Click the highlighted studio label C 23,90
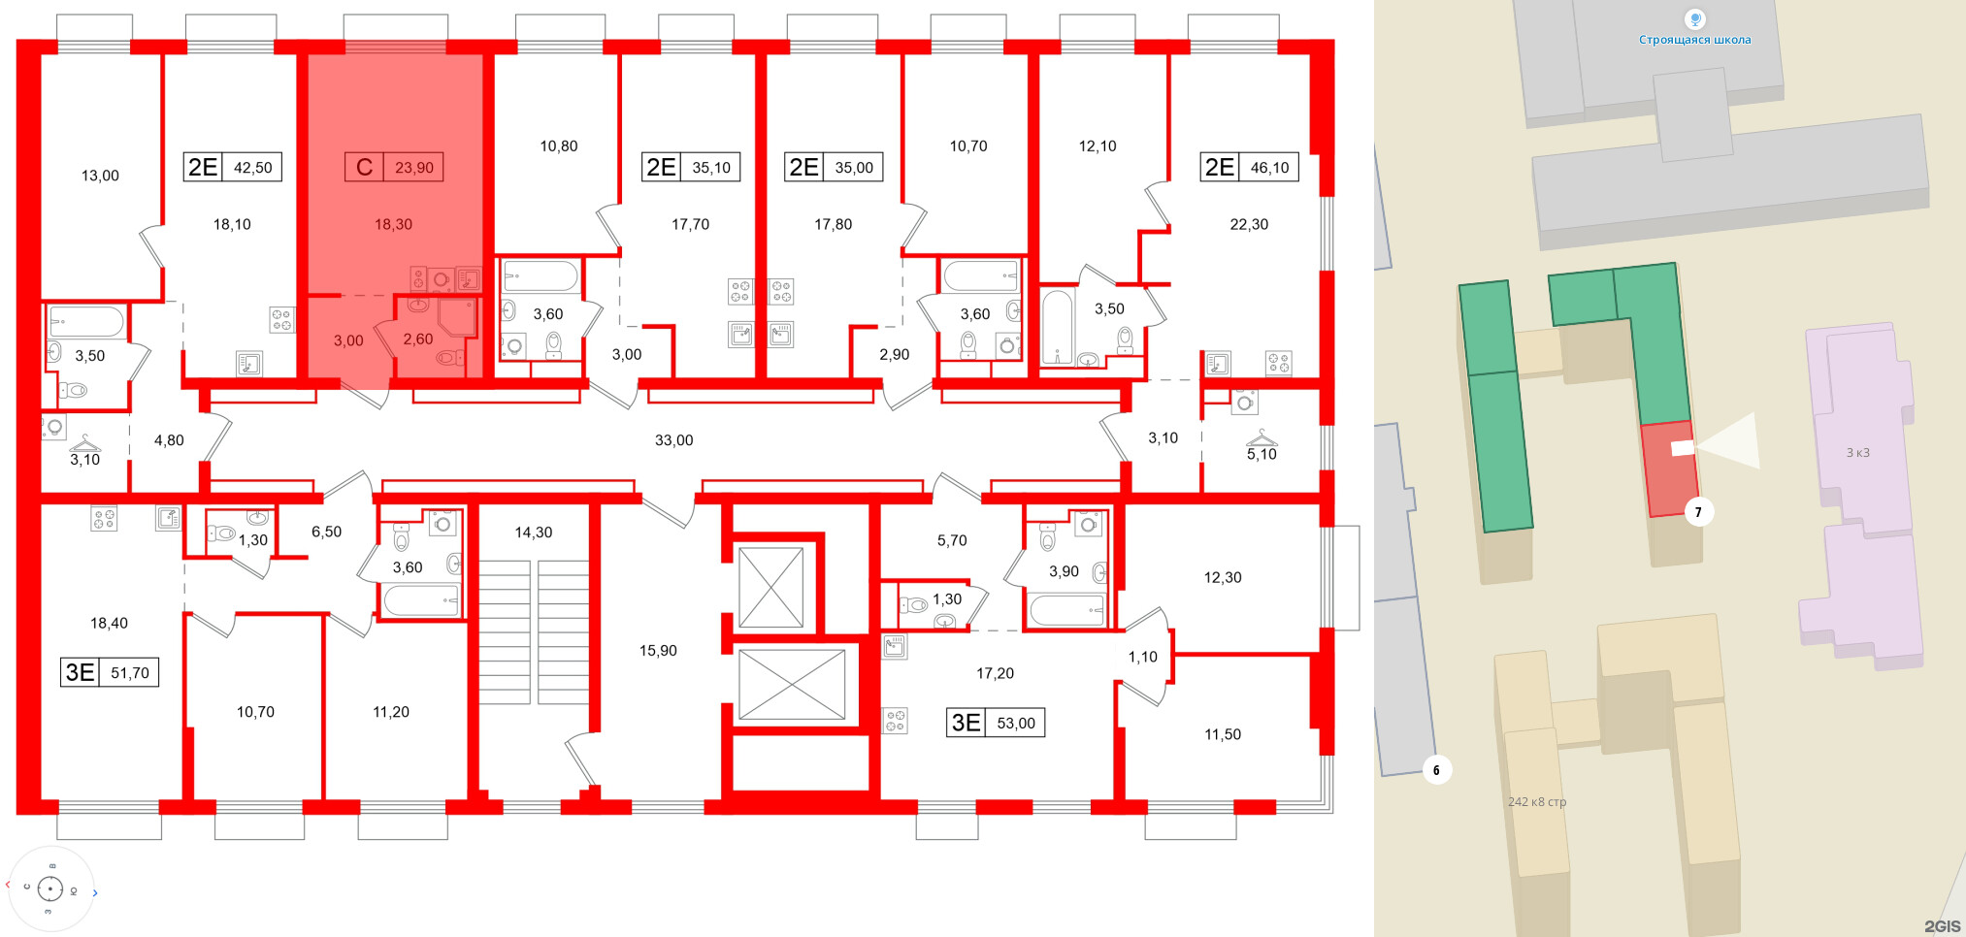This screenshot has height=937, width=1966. click(394, 168)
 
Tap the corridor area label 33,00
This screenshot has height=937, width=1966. click(673, 440)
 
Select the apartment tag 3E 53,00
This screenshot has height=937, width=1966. click(996, 723)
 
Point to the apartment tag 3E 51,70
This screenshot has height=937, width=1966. click(110, 672)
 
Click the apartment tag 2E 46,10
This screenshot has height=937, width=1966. click(1249, 168)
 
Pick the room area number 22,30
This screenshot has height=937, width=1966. click(1249, 224)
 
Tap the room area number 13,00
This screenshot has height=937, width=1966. click(100, 176)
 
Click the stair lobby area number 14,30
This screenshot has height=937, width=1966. click(533, 533)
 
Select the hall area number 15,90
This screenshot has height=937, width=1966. click(658, 651)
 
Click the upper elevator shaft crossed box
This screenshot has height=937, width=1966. click(771, 588)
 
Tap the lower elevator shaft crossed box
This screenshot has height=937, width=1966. click(792, 684)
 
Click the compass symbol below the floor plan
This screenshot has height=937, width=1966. click(50, 889)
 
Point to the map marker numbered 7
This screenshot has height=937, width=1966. click(1698, 512)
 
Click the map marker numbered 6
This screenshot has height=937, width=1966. click(1436, 770)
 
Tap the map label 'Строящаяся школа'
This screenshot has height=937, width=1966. click(1694, 40)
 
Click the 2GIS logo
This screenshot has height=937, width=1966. click(1942, 926)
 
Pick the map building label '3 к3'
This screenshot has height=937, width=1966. click(1857, 453)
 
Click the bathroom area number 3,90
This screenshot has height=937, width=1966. click(1064, 571)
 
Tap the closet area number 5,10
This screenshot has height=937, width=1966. click(1262, 454)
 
